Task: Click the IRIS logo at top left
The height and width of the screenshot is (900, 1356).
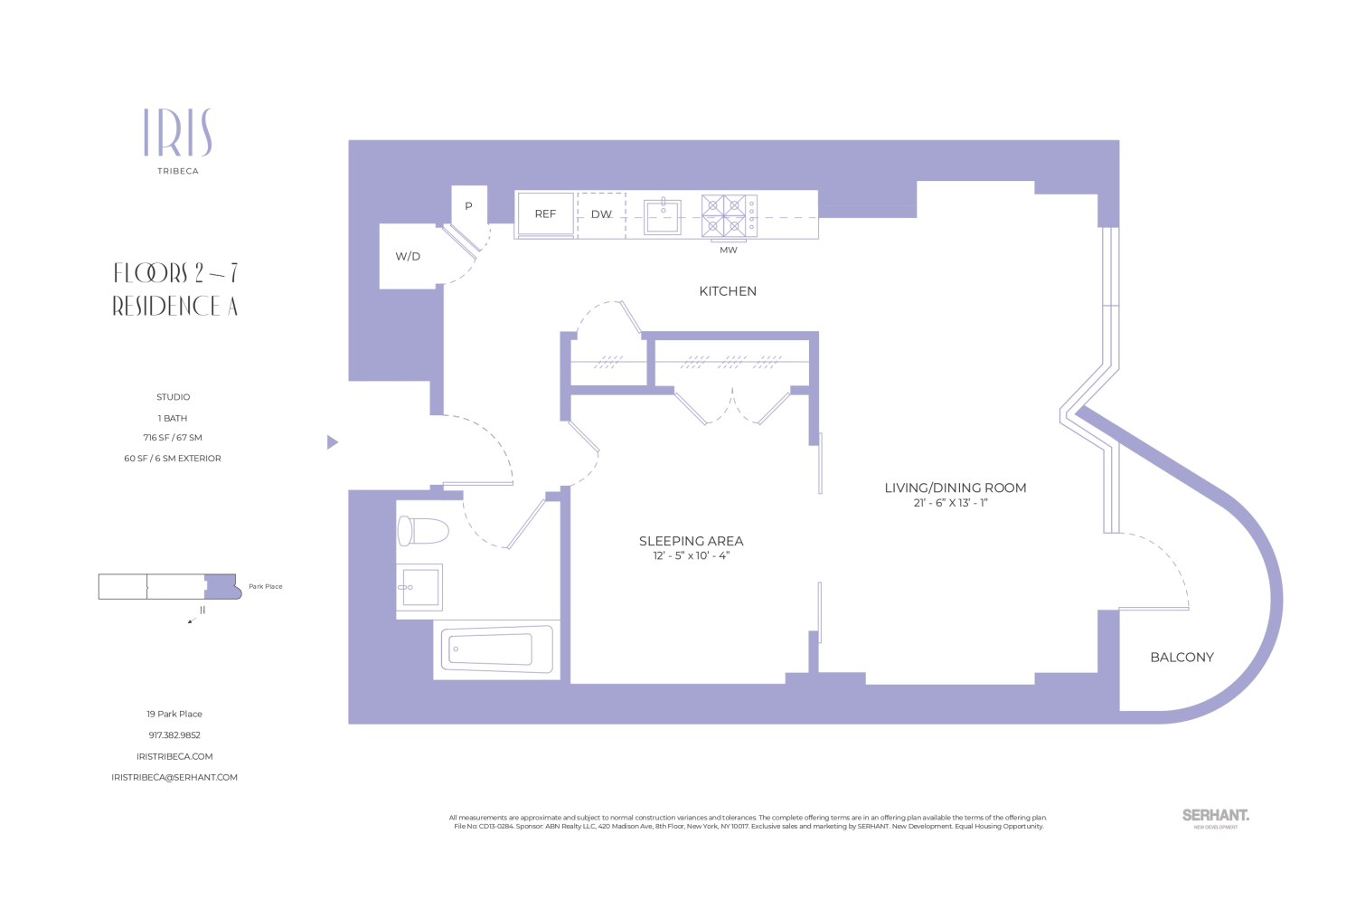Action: [178, 133]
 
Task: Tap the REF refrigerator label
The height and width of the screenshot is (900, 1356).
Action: [545, 214]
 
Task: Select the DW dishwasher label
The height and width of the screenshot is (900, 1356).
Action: [601, 214]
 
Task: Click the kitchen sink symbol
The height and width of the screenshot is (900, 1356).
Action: [663, 216]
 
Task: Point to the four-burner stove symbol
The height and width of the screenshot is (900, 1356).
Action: [729, 216]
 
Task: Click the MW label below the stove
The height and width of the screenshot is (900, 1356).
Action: [729, 251]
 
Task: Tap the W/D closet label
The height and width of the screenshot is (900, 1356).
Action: [408, 257]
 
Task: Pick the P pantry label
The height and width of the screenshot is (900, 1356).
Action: [468, 206]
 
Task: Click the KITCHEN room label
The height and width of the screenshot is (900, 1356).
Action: [728, 291]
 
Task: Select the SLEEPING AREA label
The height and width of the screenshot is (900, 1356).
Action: [691, 541]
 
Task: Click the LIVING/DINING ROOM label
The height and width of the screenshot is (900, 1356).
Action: [955, 488]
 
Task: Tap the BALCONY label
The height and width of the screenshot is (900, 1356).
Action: [1182, 658]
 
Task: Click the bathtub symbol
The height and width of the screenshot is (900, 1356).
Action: [496, 649]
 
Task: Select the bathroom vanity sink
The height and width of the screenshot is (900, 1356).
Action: [419, 587]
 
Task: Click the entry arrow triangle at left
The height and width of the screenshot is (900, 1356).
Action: [332, 442]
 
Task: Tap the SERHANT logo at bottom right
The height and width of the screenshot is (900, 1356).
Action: [1215, 816]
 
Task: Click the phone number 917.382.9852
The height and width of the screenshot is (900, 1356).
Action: [174, 735]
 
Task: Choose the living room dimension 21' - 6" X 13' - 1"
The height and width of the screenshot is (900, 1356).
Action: [950, 503]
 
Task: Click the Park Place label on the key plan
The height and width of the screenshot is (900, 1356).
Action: [266, 587]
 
